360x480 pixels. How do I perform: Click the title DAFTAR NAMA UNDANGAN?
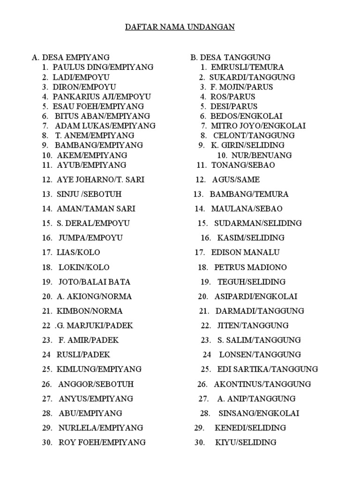[180, 27]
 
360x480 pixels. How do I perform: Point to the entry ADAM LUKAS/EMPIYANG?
[105, 126]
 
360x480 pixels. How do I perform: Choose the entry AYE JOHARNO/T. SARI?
[100, 180]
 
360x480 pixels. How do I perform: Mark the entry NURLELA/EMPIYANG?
[101, 427]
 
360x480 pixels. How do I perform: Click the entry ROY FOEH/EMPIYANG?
[102, 442]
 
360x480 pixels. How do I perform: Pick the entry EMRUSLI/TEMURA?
[247, 67]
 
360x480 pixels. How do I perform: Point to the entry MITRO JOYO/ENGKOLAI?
[258, 126]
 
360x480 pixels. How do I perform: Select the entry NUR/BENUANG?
[261, 155]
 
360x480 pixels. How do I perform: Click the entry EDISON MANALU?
[245, 252]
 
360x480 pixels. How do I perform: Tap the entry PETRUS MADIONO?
[250, 267]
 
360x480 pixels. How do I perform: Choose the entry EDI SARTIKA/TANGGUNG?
[267, 369]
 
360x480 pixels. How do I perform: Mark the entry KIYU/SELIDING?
[246, 442]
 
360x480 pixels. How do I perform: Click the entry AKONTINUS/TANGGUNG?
[262, 384]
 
